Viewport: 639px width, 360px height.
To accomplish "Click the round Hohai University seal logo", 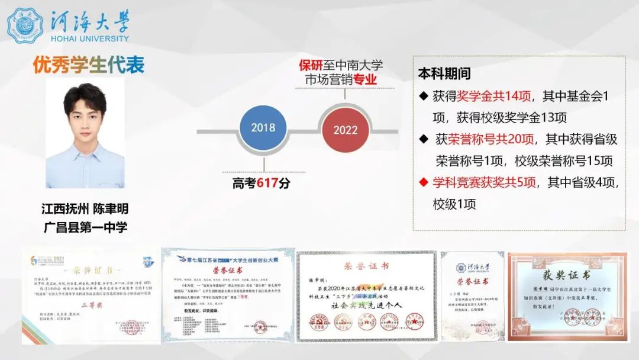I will click(25, 25).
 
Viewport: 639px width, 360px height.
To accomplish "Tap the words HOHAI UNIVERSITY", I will click(90, 38).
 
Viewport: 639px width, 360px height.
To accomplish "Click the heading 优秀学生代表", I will click(89, 65).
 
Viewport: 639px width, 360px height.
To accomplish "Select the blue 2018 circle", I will click(263, 128).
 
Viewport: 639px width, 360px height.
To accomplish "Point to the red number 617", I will click(267, 184).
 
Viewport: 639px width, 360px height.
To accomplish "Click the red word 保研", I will click(311, 65).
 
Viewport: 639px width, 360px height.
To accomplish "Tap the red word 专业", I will click(365, 79).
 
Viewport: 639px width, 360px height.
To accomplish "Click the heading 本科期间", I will click(444, 74).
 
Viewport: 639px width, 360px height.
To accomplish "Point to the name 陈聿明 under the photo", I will click(110, 209).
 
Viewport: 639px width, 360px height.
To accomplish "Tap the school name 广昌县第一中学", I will click(85, 226).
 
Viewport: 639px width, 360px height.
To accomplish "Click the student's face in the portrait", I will click(85, 115).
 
